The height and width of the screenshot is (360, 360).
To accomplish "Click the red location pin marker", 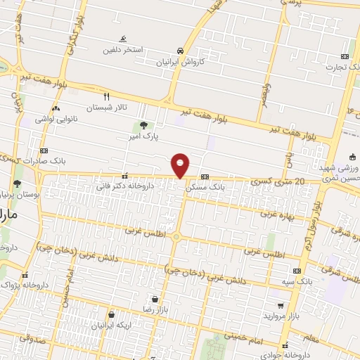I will click(181, 165).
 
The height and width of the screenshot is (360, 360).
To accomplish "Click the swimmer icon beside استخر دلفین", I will click(124, 39).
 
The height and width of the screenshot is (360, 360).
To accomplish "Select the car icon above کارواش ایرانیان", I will click(181, 51).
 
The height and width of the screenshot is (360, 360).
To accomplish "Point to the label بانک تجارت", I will click(342, 67).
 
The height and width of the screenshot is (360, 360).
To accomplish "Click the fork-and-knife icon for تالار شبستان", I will click(107, 96).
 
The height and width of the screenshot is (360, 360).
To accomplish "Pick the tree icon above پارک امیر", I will click(143, 125).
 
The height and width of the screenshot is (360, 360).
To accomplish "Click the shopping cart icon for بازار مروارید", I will click(281, 306).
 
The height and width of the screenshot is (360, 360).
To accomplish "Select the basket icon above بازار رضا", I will click(153, 299).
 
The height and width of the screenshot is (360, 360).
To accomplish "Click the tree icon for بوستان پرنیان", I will click(17, 184).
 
